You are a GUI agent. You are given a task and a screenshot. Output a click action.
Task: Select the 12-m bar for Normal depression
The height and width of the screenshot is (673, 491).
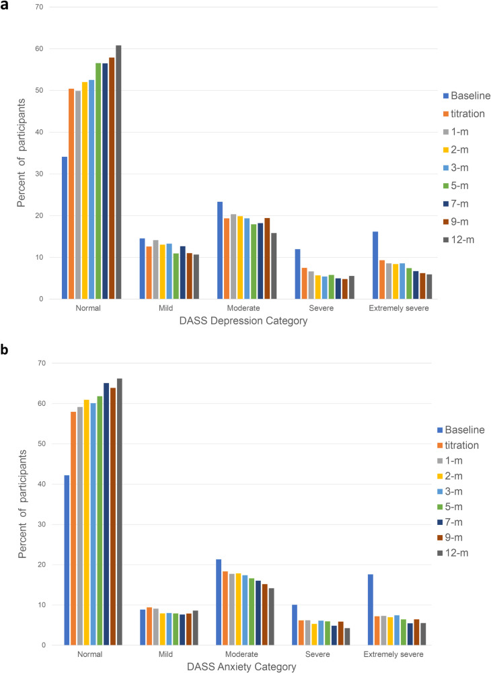pos(118,172)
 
